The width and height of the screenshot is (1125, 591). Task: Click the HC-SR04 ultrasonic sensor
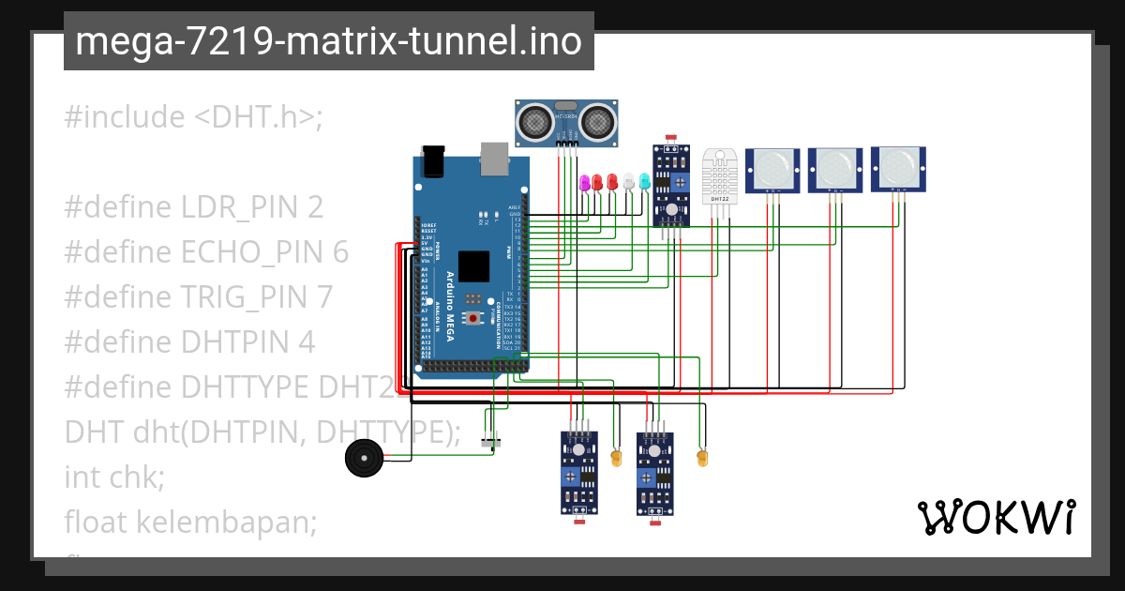click(567, 122)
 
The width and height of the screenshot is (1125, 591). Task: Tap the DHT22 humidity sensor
click(720, 176)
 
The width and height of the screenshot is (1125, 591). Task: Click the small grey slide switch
click(488, 442)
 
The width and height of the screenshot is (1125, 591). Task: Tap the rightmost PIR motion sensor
click(898, 169)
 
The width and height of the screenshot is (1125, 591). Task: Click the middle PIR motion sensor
click(835, 170)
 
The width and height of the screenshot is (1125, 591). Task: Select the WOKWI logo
click(996, 517)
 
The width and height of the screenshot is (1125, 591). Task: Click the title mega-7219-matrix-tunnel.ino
click(328, 42)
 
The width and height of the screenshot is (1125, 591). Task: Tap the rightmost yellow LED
click(701, 458)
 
